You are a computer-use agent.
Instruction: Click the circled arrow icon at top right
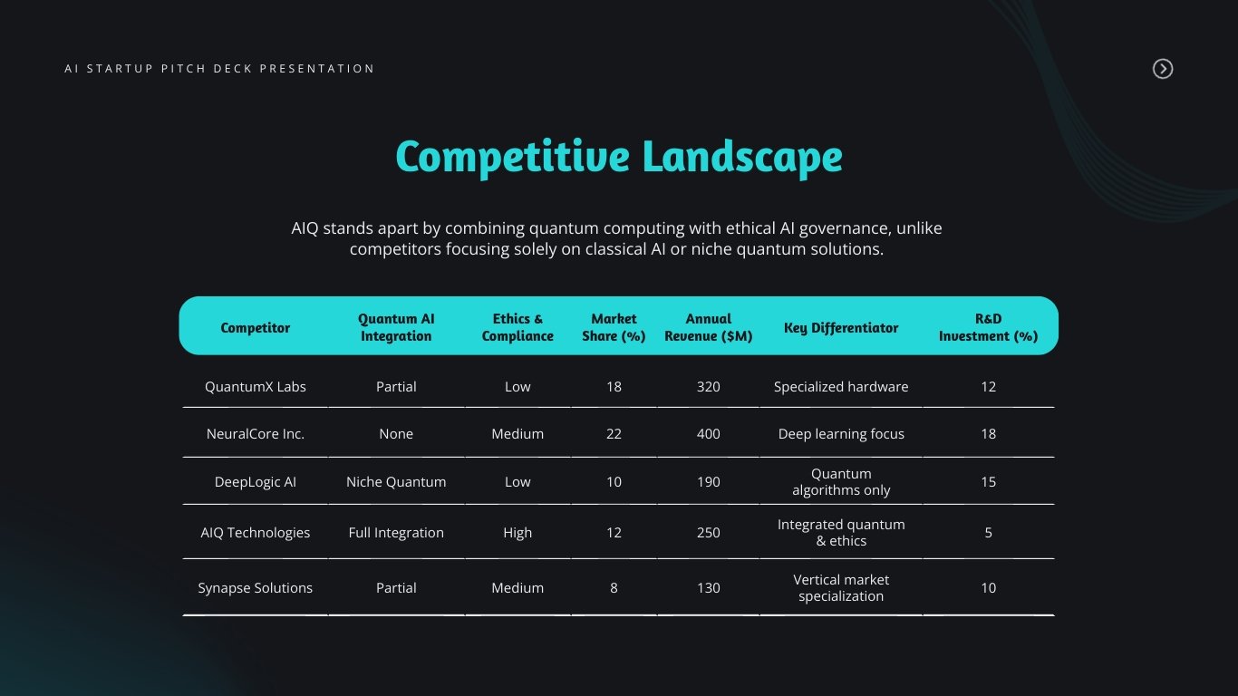[1162, 69]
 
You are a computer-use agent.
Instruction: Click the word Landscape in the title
[742, 156]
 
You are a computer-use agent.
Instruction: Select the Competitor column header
[256, 328]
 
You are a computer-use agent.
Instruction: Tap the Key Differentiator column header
[841, 328]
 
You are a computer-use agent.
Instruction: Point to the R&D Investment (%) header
[988, 327]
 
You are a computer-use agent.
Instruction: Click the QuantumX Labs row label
[256, 387]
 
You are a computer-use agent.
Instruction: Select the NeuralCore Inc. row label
[256, 434]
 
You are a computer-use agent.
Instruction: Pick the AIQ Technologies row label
[256, 533]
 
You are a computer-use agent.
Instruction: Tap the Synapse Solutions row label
[256, 588]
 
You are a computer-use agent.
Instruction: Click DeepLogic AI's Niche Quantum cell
[396, 482]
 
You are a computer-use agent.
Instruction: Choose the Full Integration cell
[396, 533]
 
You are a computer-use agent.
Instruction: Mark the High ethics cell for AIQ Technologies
[517, 533]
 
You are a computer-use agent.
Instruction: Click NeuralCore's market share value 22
[614, 434]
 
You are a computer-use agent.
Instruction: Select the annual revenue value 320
[709, 387]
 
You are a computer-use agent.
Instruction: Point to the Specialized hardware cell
[841, 387]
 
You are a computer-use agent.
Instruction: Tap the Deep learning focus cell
[841, 434]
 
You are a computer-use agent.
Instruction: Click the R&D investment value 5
[988, 533]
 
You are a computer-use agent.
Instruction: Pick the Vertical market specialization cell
[841, 588]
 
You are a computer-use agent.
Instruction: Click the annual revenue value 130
[709, 588]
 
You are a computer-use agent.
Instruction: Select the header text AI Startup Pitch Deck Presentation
[219, 69]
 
